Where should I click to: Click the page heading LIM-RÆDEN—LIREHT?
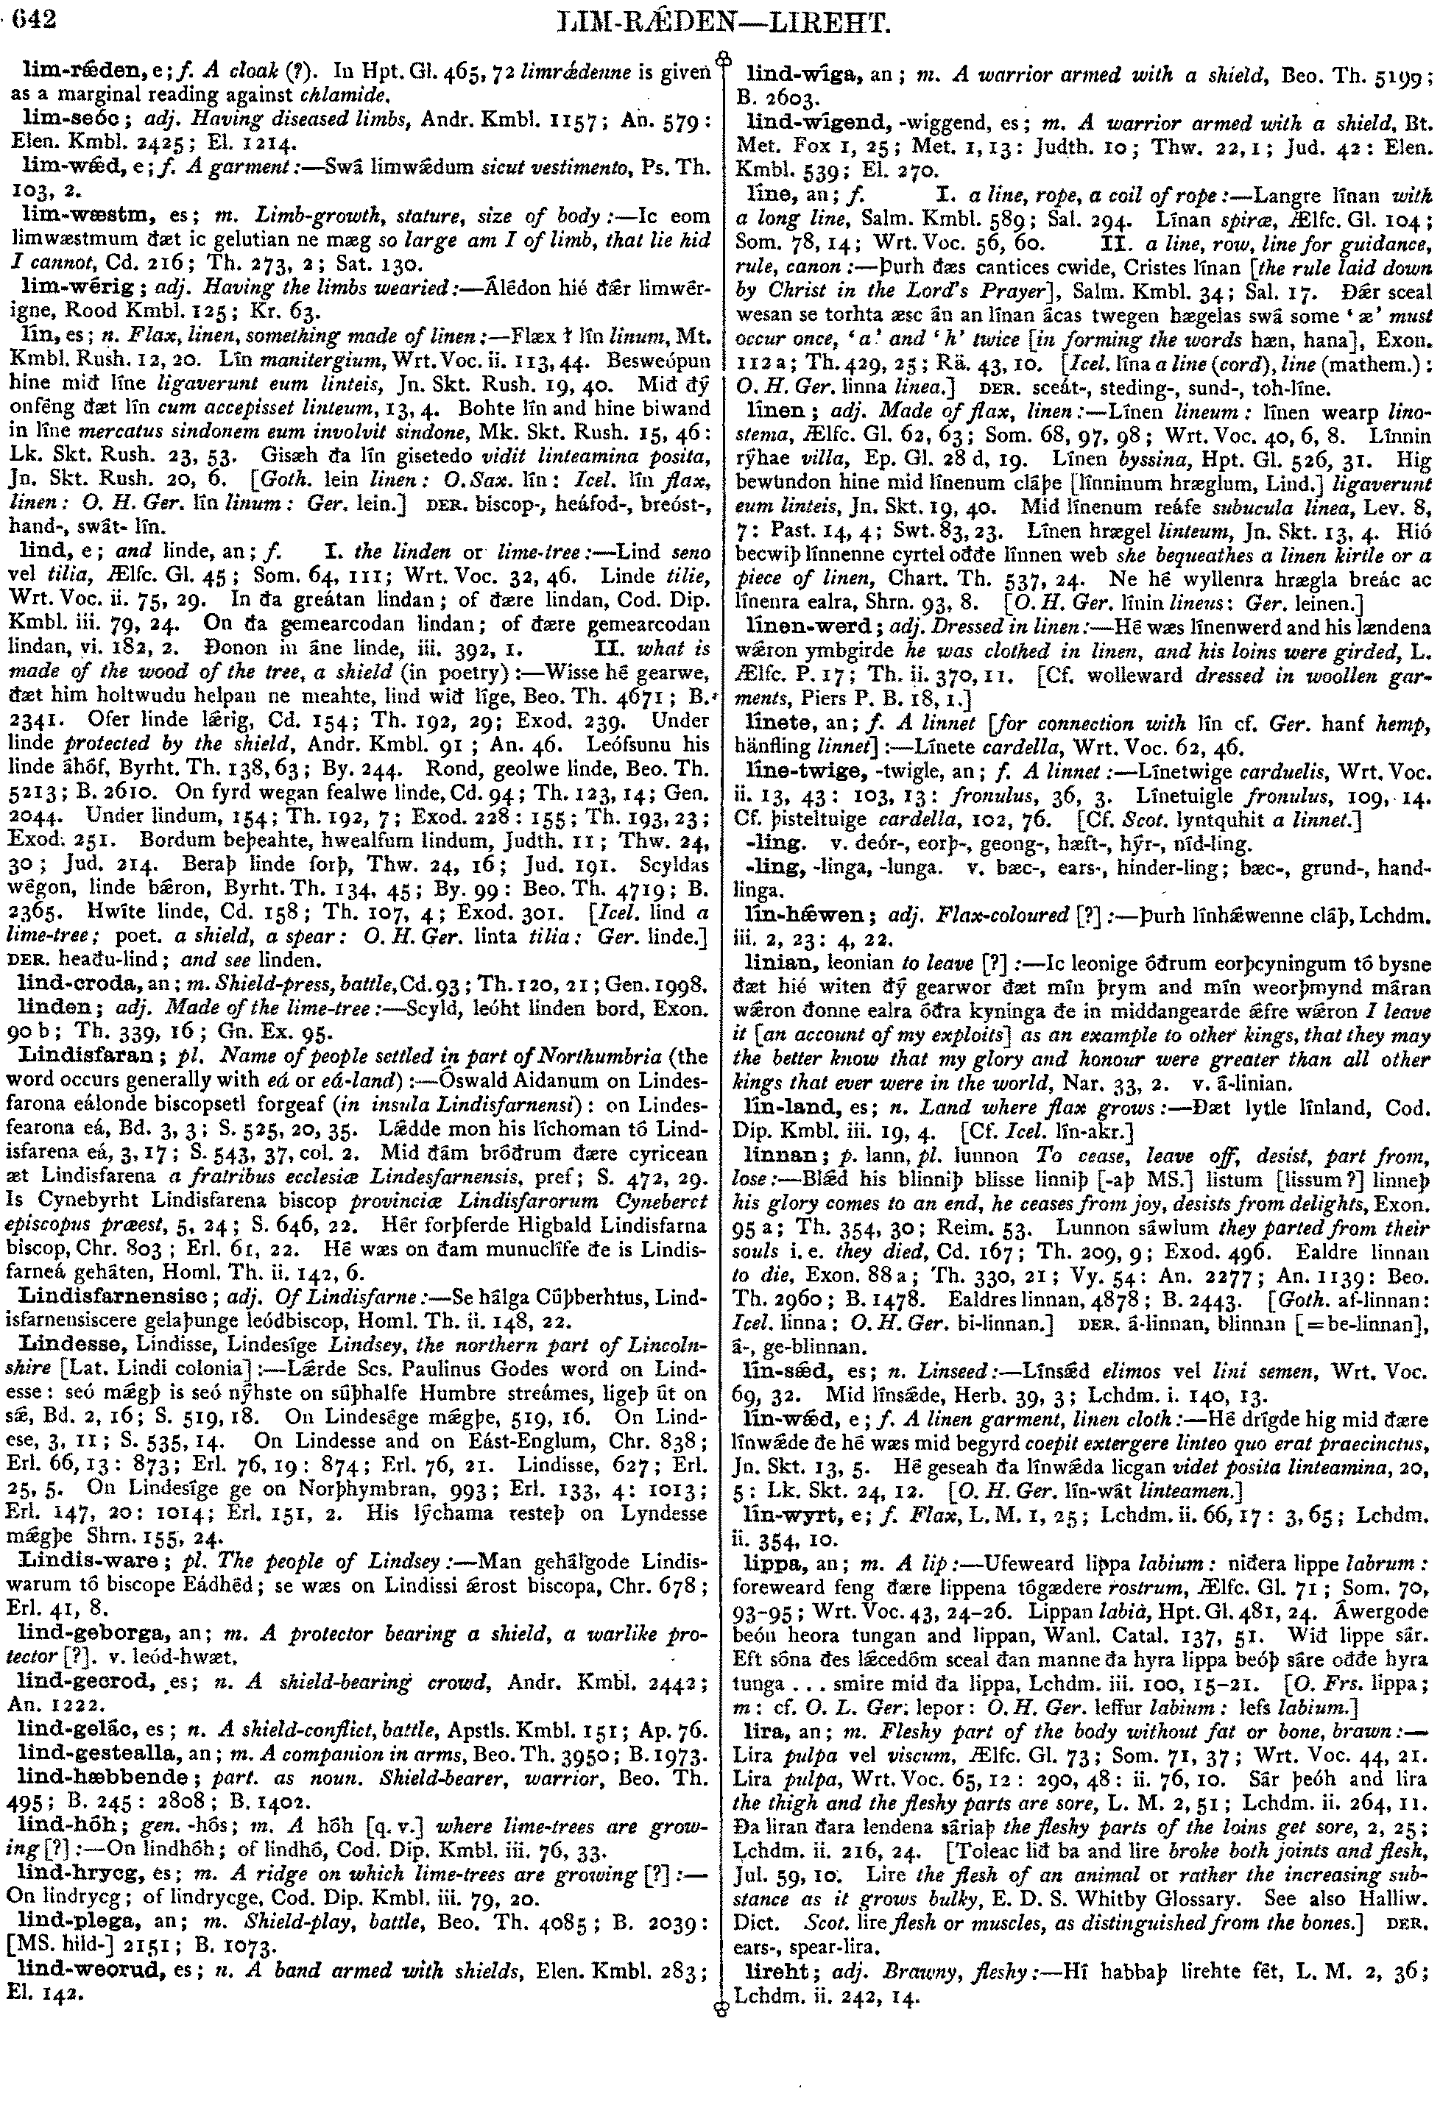(726, 22)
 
